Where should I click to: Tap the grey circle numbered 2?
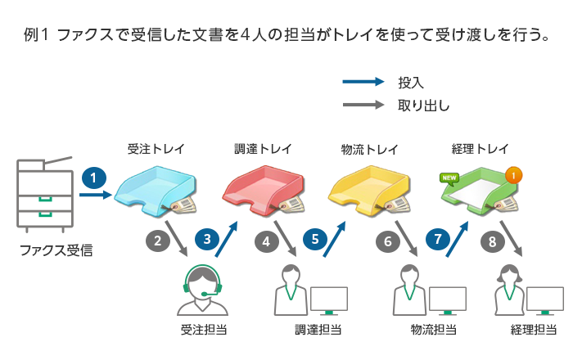tap(157, 241)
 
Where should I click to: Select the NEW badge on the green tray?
tap(449, 177)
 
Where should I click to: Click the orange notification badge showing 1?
tap(512, 173)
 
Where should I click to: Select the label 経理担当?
tap(533, 330)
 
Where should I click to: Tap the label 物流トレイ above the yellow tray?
tap(369, 149)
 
